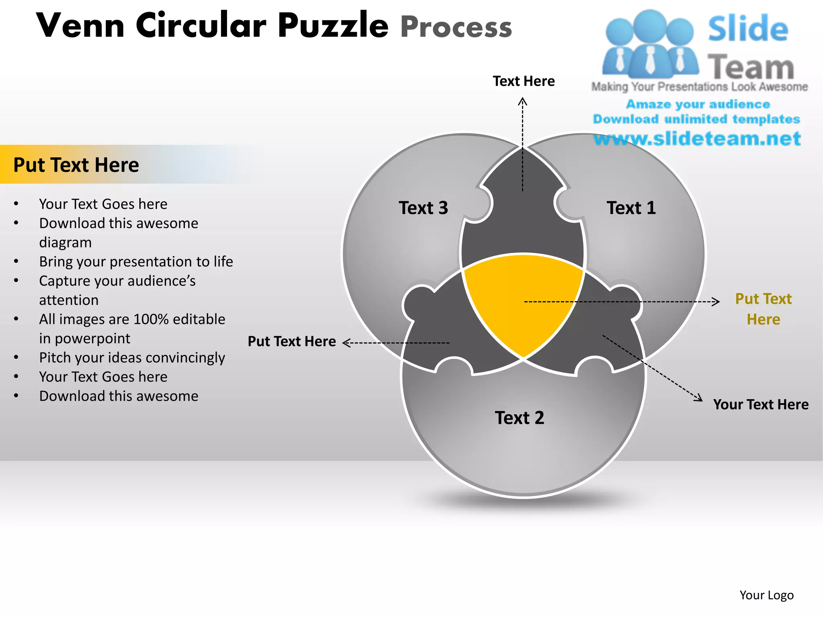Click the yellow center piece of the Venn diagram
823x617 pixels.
pyautogui.click(x=522, y=301)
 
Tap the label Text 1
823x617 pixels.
pyautogui.click(x=631, y=208)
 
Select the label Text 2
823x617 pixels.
pyautogui.click(x=519, y=418)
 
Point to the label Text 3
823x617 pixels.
pyautogui.click(x=423, y=208)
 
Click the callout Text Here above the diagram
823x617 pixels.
pyautogui.click(x=524, y=81)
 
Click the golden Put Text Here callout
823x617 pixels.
pyautogui.click(x=763, y=309)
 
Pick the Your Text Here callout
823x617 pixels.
pyautogui.click(x=761, y=405)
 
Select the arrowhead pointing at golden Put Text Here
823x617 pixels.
pyautogui.click(x=715, y=301)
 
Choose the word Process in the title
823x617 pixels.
pyautogui.click(x=456, y=27)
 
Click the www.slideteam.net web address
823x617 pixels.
pyautogui.click(x=697, y=139)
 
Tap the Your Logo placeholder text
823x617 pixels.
pyautogui.click(x=766, y=595)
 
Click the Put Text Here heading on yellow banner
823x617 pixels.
pyautogui.click(x=76, y=165)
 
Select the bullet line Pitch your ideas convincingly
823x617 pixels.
pyautogui.click(x=132, y=358)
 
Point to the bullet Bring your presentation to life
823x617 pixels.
pyautogui.click(x=136, y=262)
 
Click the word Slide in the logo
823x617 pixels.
pyautogui.click(x=748, y=29)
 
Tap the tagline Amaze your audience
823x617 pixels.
pyautogui.click(x=698, y=104)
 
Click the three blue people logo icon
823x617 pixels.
pyautogui.click(x=650, y=44)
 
